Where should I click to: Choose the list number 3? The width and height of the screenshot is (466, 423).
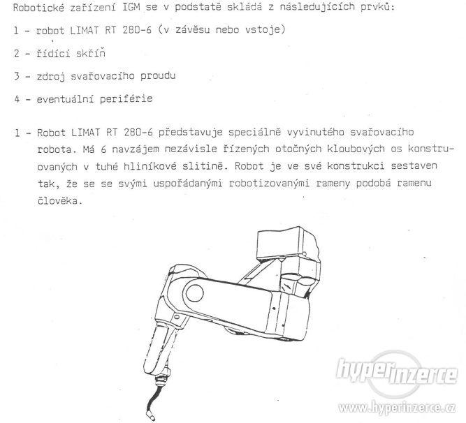point(16,75)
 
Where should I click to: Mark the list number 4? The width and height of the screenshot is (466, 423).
point(16,98)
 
